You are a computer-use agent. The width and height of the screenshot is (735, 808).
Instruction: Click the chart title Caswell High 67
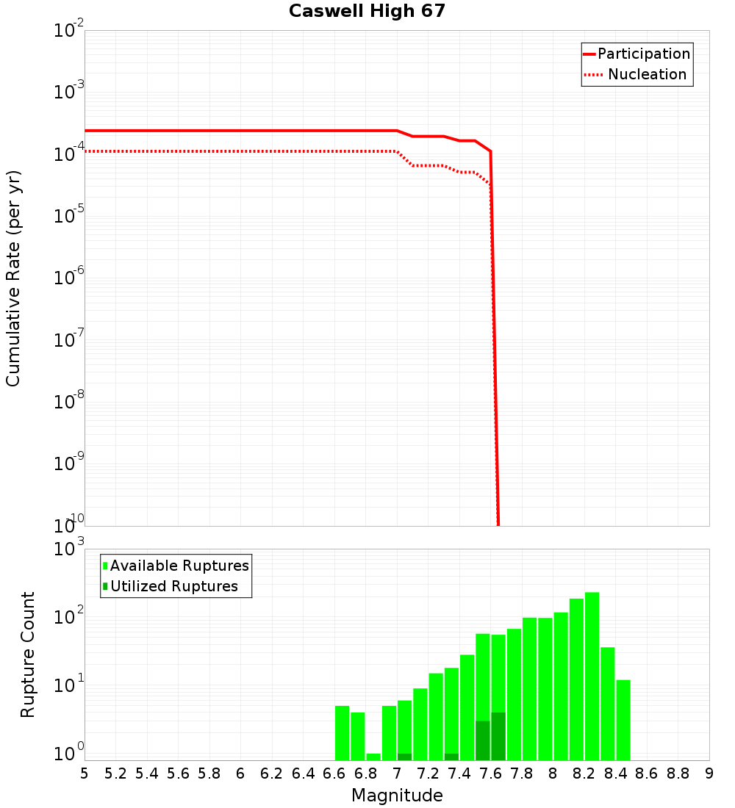click(x=367, y=11)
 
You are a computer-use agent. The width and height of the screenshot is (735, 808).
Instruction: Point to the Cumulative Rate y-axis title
click(x=13, y=278)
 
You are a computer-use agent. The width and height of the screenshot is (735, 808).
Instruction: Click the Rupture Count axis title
click(x=28, y=654)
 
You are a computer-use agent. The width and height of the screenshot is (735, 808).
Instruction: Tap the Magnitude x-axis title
click(x=397, y=795)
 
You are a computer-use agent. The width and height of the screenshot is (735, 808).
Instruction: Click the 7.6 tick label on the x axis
click(x=491, y=773)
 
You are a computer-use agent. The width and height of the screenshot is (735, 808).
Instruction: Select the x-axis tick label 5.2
click(x=116, y=773)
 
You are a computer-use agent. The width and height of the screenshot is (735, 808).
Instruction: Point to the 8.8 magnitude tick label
click(x=678, y=773)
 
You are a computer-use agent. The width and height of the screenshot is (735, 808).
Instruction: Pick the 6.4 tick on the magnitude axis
click(x=304, y=773)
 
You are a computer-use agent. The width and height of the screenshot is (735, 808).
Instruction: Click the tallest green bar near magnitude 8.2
click(x=592, y=676)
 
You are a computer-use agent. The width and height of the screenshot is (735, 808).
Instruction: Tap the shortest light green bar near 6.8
click(x=373, y=757)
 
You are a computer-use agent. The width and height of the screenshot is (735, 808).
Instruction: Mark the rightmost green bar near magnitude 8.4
click(x=623, y=720)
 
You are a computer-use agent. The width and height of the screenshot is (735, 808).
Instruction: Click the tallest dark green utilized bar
click(x=498, y=736)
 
